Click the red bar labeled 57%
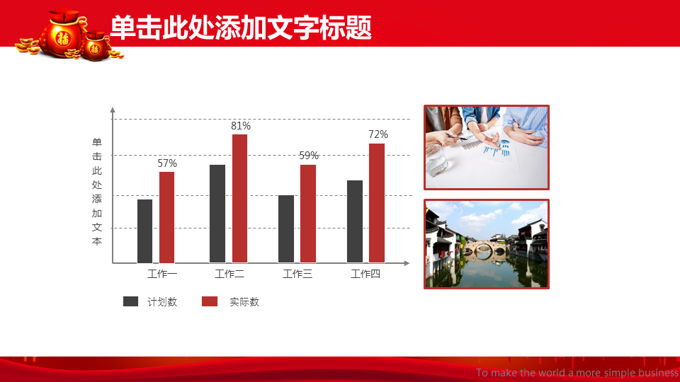[x=167, y=217]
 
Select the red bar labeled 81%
[x=240, y=198]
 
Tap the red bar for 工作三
[x=308, y=214]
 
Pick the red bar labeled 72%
[x=377, y=203]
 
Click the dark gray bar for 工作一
[x=144, y=231]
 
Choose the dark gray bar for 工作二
[x=217, y=214]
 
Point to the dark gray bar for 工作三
[x=285, y=229]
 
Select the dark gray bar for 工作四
[x=355, y=221]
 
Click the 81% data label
[x=241, y=126]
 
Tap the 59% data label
[x=309, y=156]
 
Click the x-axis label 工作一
[x=162, y=274]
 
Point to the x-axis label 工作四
[x=365, y=274]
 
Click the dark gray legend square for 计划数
[x=130, y=301]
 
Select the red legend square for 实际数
[x=210, y=301]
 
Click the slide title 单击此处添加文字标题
[x=241, y=28]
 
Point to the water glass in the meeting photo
[x=438, y=163]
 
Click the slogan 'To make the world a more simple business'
[x=577, y=373]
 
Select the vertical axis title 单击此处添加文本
[x=97, y=192]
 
